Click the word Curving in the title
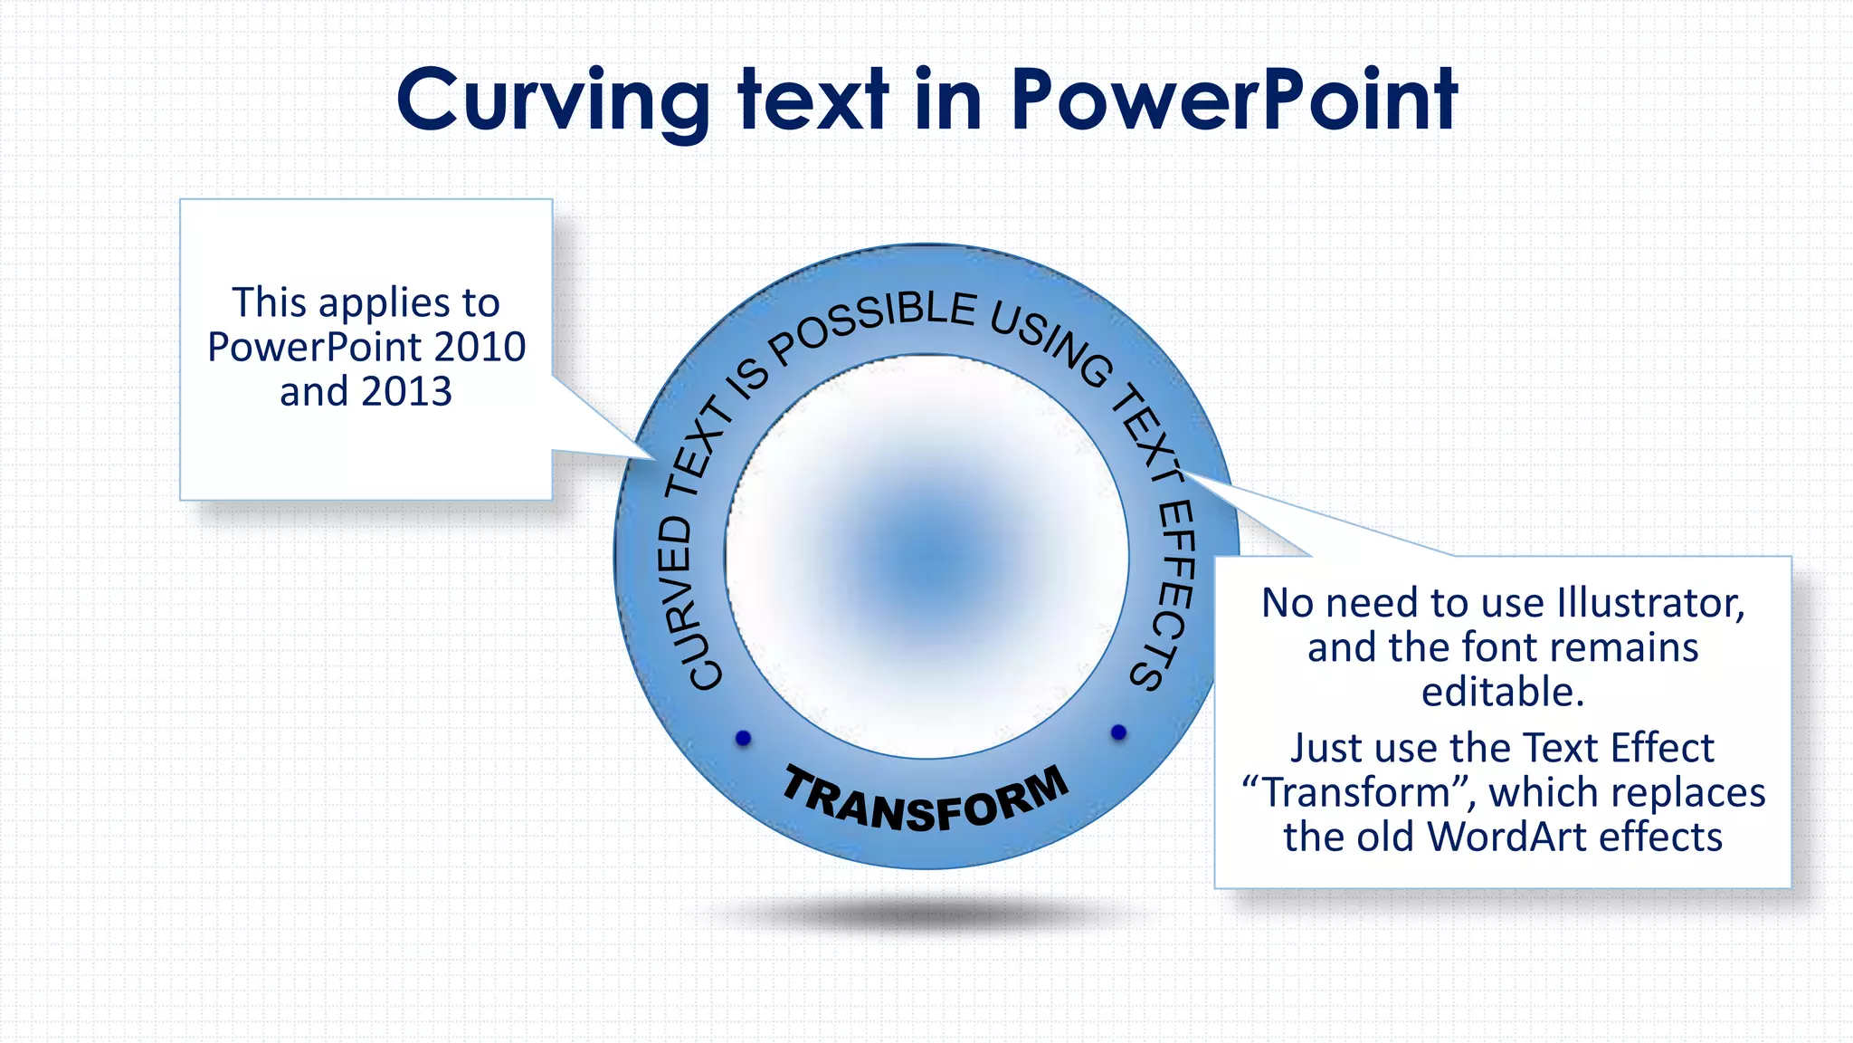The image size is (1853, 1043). coord(553,101)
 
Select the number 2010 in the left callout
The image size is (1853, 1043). coord(479,347)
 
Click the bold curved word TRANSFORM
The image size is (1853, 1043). coord(926,800)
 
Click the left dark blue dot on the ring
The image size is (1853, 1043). coord(744,738)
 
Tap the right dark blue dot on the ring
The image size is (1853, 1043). coord(1118,732)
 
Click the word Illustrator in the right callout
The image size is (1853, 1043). coord(1650,603)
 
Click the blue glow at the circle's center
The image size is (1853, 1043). coord(927,554)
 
